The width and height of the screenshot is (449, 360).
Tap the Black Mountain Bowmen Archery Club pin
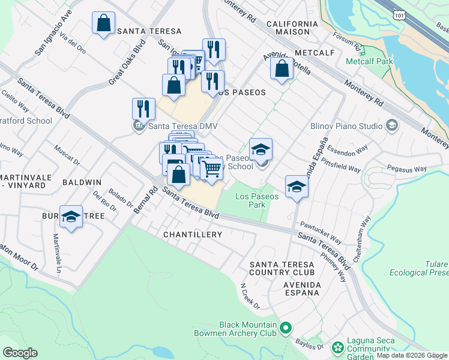[286, 328]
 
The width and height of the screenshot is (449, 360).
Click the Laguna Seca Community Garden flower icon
[338, 347]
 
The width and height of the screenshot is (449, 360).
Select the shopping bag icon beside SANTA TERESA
[103, 23]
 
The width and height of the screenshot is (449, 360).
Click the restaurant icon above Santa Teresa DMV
[143, 109]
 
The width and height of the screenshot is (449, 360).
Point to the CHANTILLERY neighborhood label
[193, 235]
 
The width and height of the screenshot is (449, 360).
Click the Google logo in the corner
[20, 353]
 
